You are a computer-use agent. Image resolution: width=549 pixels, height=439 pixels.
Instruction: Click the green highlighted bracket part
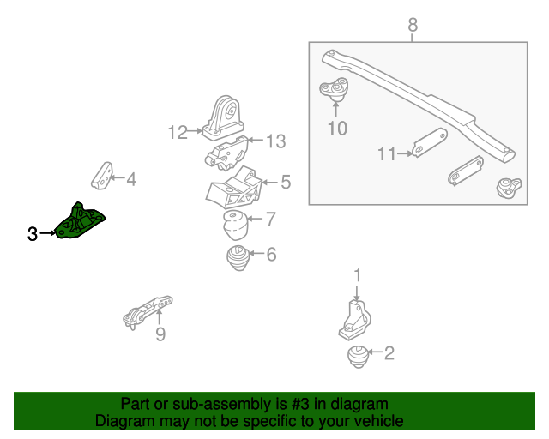pyautogui.click(x=81, y=222)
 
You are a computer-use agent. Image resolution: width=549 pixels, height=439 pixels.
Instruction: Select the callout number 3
pyautogui.click(x=33, y=233)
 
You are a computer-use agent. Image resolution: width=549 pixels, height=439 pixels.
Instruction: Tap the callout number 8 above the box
pyautogui.click(x=413, y=26)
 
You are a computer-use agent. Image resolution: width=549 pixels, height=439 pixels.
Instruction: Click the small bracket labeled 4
pyautogui.click(x=102, y=173)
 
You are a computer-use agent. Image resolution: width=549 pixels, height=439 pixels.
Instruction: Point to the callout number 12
pyautogui.click(x=177, y=133)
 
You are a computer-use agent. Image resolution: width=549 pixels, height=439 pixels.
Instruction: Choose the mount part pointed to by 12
pyautogui.click(x=223, y=117)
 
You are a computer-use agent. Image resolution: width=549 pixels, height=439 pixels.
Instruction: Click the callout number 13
pyautogui.click(x=274, y=141)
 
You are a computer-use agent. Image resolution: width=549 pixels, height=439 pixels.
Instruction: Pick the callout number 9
pyautogui.click(x=160, y=334)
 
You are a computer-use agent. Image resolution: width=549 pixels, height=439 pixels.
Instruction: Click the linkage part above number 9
pyautogui.click(x=148, y=312)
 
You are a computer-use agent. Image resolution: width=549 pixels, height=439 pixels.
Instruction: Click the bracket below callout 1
pyautogui.click(x=354, y=320)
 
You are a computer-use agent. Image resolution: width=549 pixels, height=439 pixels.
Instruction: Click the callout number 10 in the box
pyautogui.click(x=336, y=129)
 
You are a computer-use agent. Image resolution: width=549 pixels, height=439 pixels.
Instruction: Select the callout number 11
pyautogui.click(x=387, y=154)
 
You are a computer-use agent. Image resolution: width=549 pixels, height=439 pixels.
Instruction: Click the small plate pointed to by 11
pyautogui.click(x=429, y=143)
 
